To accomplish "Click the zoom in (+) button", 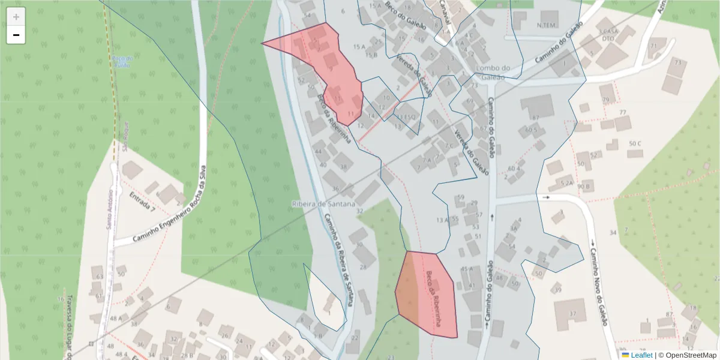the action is click(16, 17).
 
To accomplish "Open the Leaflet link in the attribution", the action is click(641, 355).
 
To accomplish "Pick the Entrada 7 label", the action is click(142, 203).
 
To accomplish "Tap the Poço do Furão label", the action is click(122, 61).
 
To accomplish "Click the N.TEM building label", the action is click(547, 25).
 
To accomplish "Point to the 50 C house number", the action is click(635, 143).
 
